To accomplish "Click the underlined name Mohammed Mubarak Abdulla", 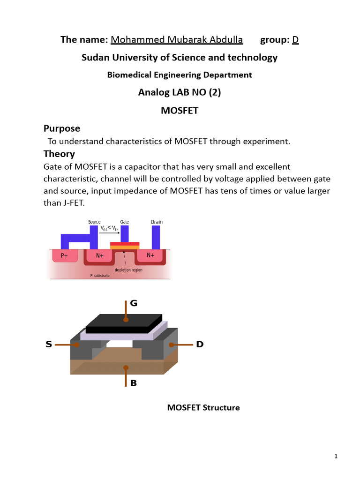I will click(177, 39).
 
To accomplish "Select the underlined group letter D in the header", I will click(295, 39).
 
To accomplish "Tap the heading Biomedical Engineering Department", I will click(180, 75).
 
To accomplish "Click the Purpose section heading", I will click(62, 128).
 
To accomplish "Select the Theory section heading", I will click(59, 154).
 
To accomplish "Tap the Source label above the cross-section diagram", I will click(95, 222).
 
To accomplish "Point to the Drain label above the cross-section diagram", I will click(157, 222).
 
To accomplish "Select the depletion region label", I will click(128, 270).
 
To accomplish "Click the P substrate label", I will click(100, 276).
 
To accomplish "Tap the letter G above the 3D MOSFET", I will click(134, 303).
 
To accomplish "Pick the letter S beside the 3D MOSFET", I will click(49, 345).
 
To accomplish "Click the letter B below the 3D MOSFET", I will click(134, 383).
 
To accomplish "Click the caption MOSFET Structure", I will click(203, 408).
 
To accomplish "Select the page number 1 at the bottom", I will click(336, 456).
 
